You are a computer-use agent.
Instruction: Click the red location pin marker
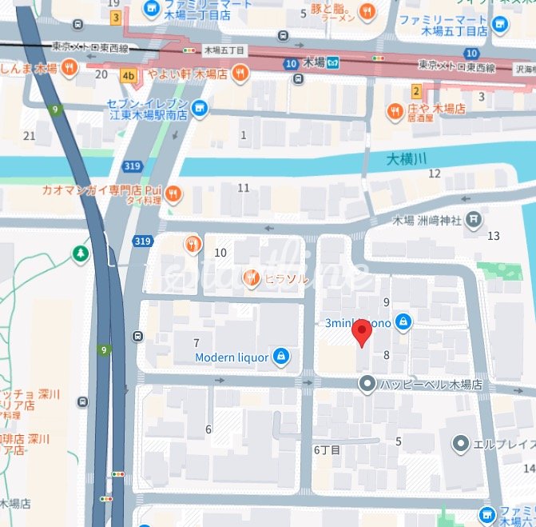(363, 333)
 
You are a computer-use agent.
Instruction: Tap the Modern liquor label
(231, 357)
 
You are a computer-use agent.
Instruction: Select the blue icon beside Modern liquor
(280, 357)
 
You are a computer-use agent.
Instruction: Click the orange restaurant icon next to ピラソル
(252, 278)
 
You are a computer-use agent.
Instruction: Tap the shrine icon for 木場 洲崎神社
(474, 218)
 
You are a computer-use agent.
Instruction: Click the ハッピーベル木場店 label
(431, 385)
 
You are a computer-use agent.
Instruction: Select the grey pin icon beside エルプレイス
(461, 443)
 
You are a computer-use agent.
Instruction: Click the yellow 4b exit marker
(129, 76)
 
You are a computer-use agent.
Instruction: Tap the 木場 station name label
(315, 62)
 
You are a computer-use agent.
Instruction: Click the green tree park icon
(81, 254)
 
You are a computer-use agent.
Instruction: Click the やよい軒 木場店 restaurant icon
(240, 75)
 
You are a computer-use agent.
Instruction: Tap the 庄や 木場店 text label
(437, 109)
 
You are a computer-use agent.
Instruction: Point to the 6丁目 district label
(327, 450)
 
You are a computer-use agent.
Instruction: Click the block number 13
(493, 235)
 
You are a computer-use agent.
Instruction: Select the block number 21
(30, 135)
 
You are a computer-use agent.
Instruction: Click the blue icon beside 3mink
(403, 322)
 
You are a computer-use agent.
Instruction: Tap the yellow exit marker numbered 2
(416, 91)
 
